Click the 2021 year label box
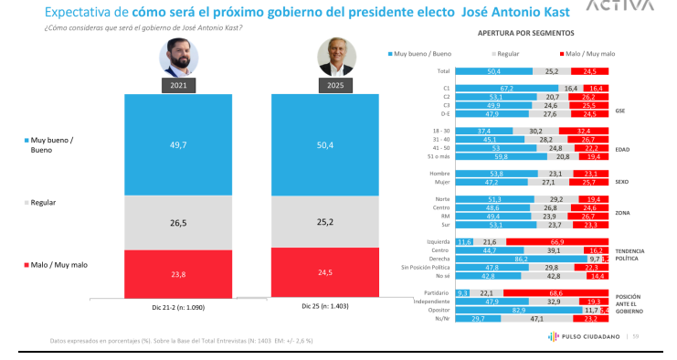pos(178,86)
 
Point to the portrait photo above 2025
pos(334,58)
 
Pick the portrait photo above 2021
pos(178,58)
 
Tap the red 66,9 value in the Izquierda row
pos(555,240)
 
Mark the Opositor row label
pos(440,311)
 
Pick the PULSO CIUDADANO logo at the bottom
pos(588,336)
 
